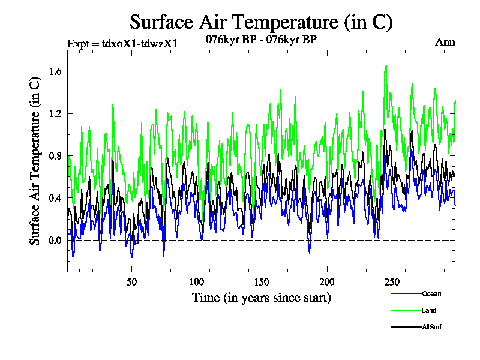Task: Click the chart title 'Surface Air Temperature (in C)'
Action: (x=261, y=22)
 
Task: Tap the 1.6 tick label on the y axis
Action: (x=55, y=71)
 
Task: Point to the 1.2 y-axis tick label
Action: (x=55, y=113)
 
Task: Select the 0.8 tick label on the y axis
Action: (x=55, y=156)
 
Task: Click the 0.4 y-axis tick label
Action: (x=55, y=198)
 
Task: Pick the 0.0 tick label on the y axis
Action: (x=55, y=241)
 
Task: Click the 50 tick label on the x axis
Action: (x=132, y=282)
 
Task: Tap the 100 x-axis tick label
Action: (x=197, y=282)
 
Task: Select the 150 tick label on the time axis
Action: (x=262, y=282)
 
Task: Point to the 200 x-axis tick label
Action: (x=326, y=282)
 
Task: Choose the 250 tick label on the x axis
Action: (x=391, y=282)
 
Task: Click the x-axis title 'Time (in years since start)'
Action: (x=261, y=297)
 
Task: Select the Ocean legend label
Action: (x=431, y=293)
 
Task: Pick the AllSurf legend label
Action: (x=432, y=327)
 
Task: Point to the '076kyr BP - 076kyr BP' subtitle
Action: (x=261, y=40)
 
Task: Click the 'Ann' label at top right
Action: (x=446, y=42)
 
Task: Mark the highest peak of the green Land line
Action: (x=386, y=66)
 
